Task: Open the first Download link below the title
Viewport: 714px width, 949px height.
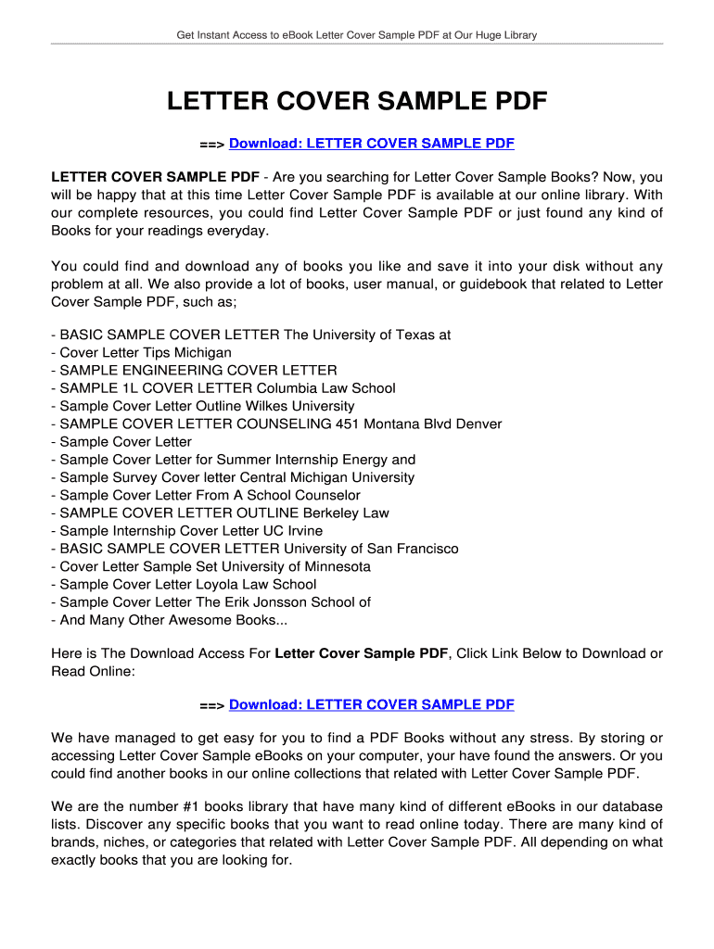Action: point(371,144)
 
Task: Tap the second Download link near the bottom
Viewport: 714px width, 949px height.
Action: point(371,705)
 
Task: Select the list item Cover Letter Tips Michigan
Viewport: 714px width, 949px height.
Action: point(146,353)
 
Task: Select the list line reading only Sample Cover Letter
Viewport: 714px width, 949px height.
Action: point(125,442)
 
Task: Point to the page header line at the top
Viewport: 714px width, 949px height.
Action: point(357,35)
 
